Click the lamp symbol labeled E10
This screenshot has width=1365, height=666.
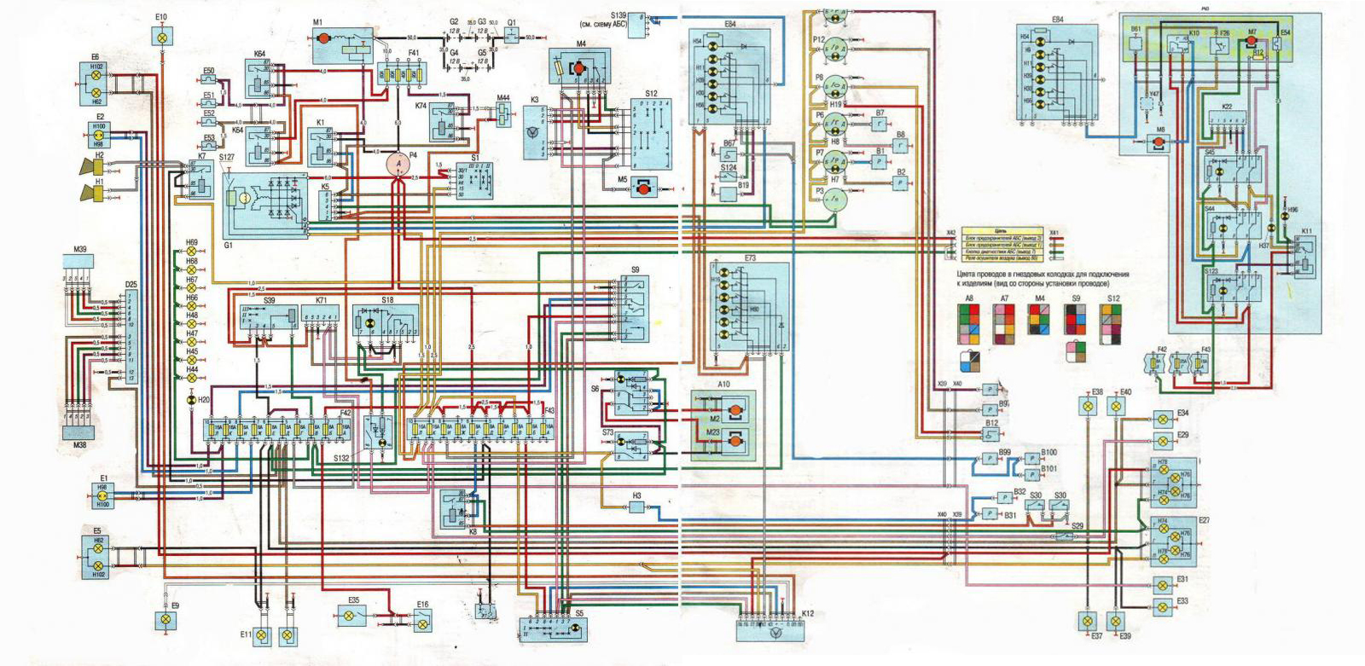point(162,37)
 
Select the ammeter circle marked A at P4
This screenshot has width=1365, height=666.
point(398,165)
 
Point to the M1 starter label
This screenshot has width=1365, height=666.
point(317,22)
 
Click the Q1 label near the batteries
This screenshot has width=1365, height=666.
point(512,22)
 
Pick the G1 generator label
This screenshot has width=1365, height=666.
point(229,245)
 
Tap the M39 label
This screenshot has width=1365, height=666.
point(79,249)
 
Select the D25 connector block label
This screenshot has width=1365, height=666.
point(131,284)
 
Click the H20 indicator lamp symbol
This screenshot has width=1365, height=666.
point(191,400)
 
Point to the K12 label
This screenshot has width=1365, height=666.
point(808,614)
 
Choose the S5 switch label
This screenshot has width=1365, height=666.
point(579,613)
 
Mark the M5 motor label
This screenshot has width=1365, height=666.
point(622,180)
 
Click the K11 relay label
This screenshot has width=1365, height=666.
point(1307,232)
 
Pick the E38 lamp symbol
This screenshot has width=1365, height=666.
point(1088,407)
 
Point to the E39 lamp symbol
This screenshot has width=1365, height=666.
point(1115,621)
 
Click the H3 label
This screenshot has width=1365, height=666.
point(636,495)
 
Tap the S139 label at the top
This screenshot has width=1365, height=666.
point(619,15)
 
